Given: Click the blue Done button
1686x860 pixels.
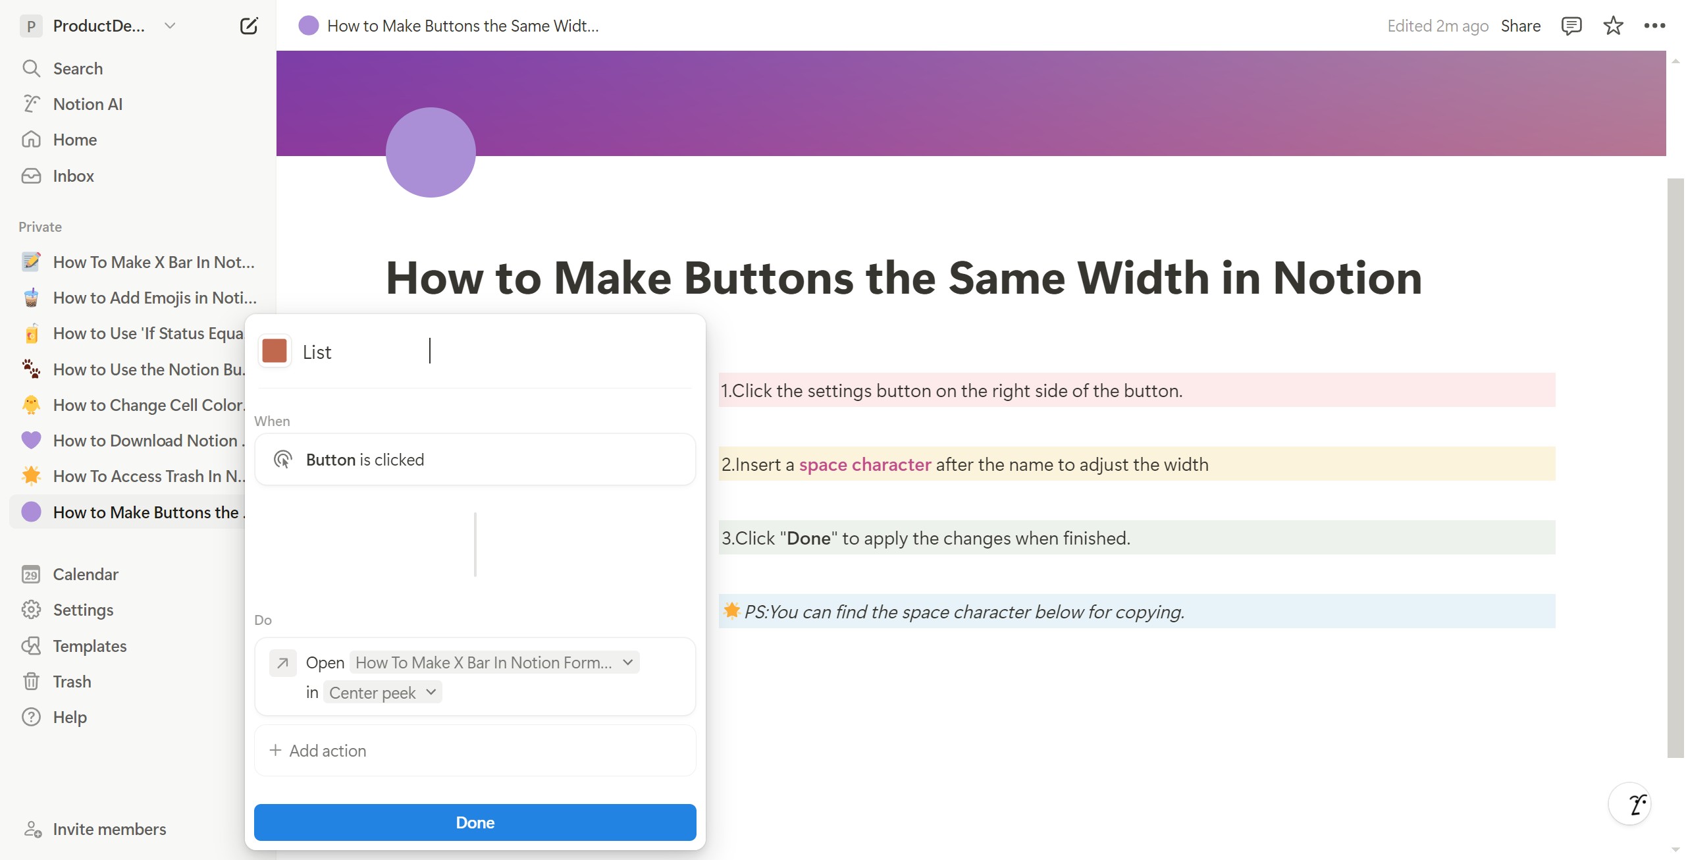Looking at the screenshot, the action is (x=475, y=822).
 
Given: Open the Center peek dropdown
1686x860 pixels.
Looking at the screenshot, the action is (x=382, y=692).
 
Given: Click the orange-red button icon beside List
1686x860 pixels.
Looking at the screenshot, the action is (x=275, y=351).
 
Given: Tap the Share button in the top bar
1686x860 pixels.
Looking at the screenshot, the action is (x=1520, y=26).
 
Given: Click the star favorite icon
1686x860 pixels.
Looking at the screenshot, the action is (x=1613, y=26).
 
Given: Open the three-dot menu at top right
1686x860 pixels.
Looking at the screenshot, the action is (x=1654, y=26).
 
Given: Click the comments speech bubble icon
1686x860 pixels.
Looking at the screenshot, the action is (x=1571, y=26).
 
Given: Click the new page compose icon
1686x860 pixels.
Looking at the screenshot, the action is (x=249, y=26).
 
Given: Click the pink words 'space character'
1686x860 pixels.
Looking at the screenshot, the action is (x=864, y=464).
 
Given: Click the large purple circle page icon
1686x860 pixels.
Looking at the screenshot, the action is (x=431, y=152).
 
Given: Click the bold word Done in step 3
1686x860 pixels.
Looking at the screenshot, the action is (x=808, y=538).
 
